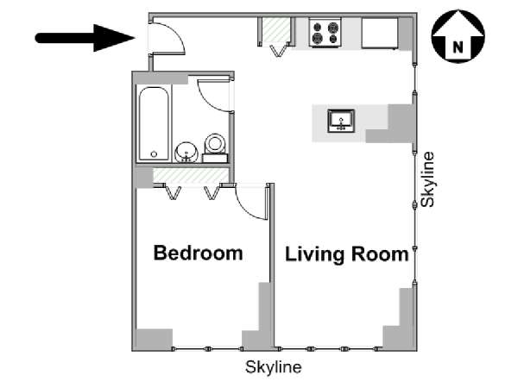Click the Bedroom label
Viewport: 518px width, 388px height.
(199, 253)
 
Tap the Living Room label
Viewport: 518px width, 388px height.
(347, 254)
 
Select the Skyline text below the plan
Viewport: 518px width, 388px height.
(273, 367)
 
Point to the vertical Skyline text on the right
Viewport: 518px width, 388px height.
(427, 179)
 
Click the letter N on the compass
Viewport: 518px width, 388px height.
(458, 47)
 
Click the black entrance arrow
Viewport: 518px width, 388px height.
(85, 38)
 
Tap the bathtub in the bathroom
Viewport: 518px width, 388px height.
(154, 124)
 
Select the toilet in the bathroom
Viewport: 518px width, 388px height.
(215, 147)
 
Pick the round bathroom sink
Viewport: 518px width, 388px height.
(186, 153)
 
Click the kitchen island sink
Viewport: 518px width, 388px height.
(341, 121)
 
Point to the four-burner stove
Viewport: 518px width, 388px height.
(325, 33)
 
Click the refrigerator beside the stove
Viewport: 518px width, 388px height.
(380, 33)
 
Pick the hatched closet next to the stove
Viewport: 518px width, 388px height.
(275, 30)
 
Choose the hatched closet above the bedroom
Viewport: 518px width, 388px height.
(191, 176)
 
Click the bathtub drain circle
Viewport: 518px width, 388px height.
(154, 154)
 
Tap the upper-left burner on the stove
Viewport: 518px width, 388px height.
(318, 27)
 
